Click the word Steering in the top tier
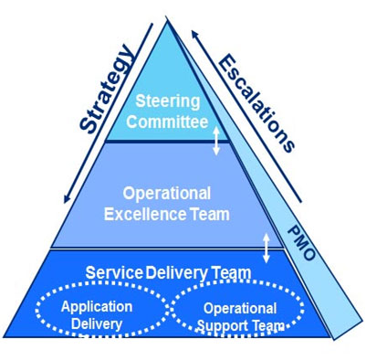click(x=168, y=102)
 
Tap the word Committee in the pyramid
click(x=167, y=122)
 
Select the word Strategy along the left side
click(x=107, y=89)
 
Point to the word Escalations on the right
click(x=256, y=102)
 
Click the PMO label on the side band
click(x=301, y=243)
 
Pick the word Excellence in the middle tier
click(x=145, y=214)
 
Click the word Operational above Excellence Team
click(x=167, y=194)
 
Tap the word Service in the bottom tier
click(x=114, y=272)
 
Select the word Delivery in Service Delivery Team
click(x=176, y=273)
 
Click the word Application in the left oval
click(x=97, y=307)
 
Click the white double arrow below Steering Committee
click(x=216, y=141)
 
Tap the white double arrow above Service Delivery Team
click(x=267, y=248)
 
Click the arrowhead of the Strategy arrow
click(x=67, y=199)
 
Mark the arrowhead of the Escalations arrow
click(x=194, y=34)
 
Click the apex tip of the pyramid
click(x=166, y=21)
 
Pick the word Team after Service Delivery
click(x=231, y=273)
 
